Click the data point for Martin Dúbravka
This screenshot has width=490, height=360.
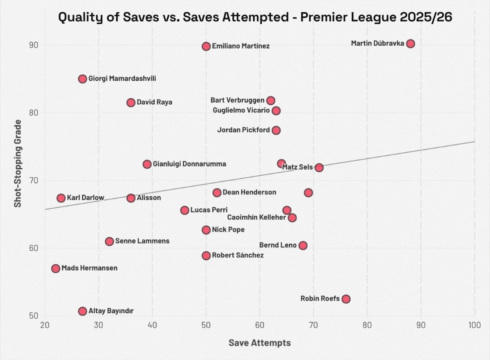point(411,44)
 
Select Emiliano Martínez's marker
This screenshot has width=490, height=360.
point(206,46)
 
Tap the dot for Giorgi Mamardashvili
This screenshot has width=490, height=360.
point(83,79)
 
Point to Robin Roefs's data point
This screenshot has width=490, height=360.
point(346,299)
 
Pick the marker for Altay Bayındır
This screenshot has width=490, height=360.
point(83,311)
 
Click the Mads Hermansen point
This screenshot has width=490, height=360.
point(56,268)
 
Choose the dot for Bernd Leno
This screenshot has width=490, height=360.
point(303,246)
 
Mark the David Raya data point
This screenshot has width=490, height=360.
point(131,102)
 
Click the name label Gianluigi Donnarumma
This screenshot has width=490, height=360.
point(189,164)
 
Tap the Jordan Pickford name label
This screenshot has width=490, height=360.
point(244,130)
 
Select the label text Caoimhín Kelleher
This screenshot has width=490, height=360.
point(256,218)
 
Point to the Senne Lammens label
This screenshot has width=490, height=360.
point(142,241)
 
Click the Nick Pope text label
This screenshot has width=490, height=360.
point(228,230)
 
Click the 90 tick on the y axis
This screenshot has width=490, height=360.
point(34,45)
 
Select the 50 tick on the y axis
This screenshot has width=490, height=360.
point(34,316)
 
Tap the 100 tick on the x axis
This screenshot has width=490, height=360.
point(475,325)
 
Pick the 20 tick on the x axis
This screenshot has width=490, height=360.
point(45,325)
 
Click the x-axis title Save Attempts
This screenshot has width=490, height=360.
point(260,343)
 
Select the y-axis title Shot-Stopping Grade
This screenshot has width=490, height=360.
point(18,164)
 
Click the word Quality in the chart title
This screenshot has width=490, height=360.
point(78,18)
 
